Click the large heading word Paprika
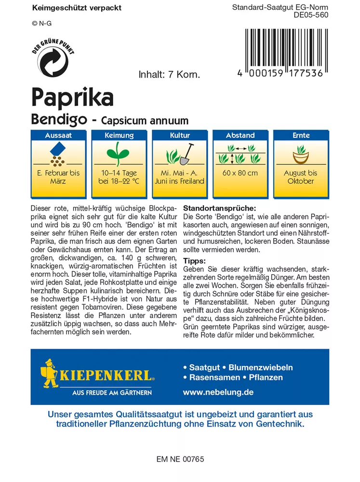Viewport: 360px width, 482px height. coord(72,98)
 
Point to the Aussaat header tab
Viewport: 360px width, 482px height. coord(58,135)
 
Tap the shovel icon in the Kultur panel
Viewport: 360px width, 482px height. coord(187,154)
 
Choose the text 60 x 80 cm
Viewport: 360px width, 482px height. coord(240,173)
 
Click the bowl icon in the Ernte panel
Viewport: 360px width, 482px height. coord(301,156)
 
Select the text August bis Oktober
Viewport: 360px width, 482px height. coord(301,177)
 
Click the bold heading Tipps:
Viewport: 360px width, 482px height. coord(195,261)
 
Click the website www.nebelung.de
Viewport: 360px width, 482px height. coord(218,392)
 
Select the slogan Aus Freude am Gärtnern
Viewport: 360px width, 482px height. coord(112,393)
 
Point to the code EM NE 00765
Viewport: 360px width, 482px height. coord(180,459)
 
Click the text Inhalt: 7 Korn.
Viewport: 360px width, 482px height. coord(169,75)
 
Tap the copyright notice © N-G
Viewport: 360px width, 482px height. coord(41,23)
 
